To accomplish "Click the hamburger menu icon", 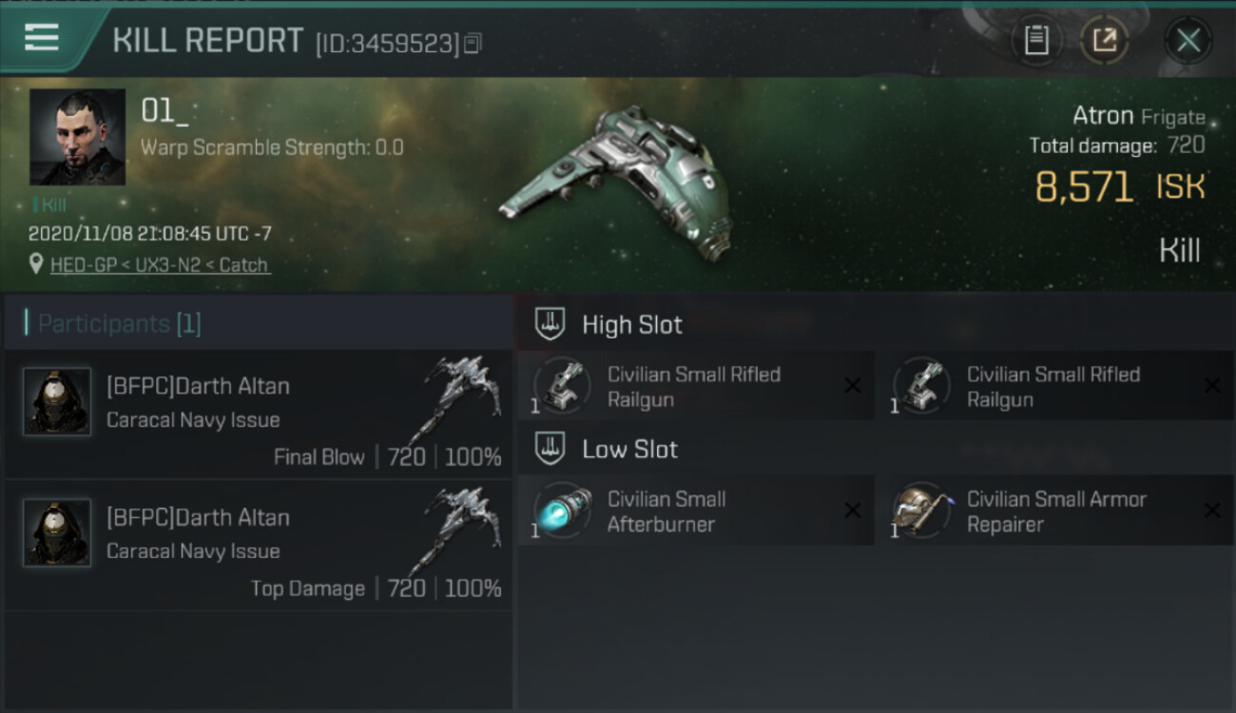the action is [x=42, y=37].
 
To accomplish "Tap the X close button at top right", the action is [x=1188, y=40].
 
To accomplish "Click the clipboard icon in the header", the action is [x=1036, y=40].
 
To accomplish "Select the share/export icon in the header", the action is [x=1105, y=40].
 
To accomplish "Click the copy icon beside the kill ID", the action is [x=473, y=43].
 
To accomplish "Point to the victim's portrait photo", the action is [x=77, y=137].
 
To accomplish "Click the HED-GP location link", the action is [x=160, y=265].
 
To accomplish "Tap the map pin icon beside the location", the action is [x=36, y=263].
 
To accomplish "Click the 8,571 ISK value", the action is [x=1120, y=186].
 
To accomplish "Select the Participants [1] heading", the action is [x=119, y=323].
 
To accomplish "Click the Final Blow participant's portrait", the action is [x=57, y=401].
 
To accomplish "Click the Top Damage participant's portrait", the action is [x=57, y=532].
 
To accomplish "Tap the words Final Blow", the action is [x=319, y=457].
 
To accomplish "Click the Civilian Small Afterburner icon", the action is [x=564, y=511].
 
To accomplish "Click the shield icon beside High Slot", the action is [x=550, y=323].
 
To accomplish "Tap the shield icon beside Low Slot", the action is [x=550, y=448].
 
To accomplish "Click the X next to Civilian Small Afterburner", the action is [x=853, y=511].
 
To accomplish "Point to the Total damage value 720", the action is [x=1187, y=145].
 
